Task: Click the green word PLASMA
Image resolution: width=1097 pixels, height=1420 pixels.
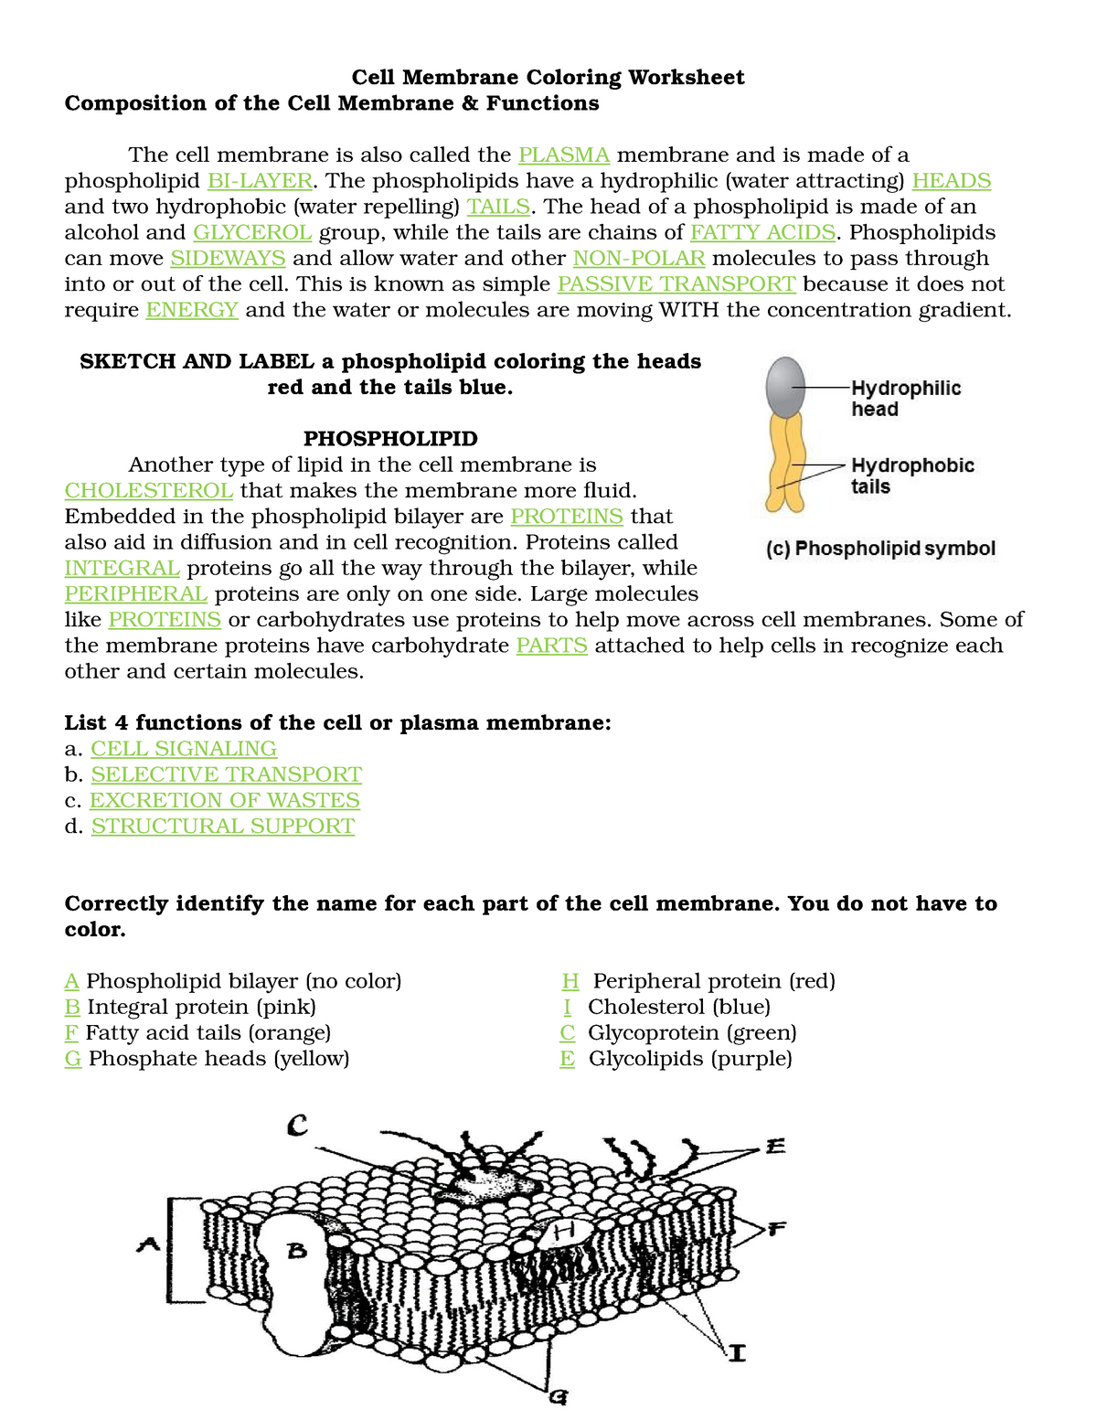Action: point(564,155)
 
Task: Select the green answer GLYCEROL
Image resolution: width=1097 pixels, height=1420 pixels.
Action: point(252,232)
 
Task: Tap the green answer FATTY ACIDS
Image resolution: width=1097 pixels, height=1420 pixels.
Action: point(762,232)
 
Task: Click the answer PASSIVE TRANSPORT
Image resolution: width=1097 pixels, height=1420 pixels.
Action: point(676,283)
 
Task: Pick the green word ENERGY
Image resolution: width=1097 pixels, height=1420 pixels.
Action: point(192,309)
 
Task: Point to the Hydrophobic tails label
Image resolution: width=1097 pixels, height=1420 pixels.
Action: point(911,475)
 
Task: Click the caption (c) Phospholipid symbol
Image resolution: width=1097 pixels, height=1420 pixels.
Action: point(879,549)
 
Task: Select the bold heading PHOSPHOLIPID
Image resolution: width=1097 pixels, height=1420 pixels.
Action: point(390,438)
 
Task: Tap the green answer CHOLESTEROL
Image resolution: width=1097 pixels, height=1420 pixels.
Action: point(149,490)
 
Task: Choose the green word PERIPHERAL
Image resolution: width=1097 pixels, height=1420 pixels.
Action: point(136,593)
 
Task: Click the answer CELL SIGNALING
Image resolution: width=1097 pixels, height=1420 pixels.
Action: point(184,748)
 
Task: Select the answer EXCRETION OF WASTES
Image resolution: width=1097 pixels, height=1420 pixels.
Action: point(225,800)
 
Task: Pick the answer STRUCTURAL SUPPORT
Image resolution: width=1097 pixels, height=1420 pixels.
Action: point(223,826)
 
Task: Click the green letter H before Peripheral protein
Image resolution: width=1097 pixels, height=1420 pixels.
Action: point(570,981)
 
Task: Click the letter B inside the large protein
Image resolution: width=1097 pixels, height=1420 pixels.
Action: point(297,1251)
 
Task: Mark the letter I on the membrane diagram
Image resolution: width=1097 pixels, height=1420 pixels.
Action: point(737,1352)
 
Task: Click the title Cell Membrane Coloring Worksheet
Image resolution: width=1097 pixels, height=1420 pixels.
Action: point(548,77)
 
